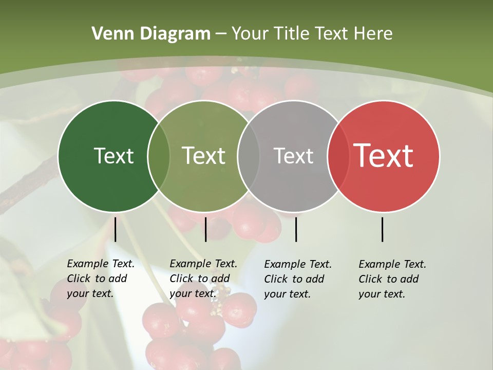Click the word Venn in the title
pos(107,34)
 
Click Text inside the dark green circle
pos(113,156)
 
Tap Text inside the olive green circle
pos(204,156)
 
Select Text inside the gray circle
pos(294,156)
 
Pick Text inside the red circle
pos(384,156)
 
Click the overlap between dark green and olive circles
pos(159,156)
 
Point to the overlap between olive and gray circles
pos(249,156)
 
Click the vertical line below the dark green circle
pos(115,229)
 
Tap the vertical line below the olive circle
pos(205,229)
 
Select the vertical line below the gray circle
pos(296,229)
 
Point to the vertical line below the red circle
pos(383,229)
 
